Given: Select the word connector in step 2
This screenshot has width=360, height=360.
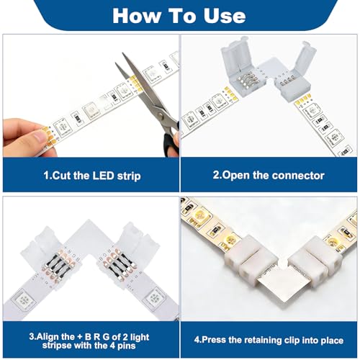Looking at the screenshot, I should click(295, 176).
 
